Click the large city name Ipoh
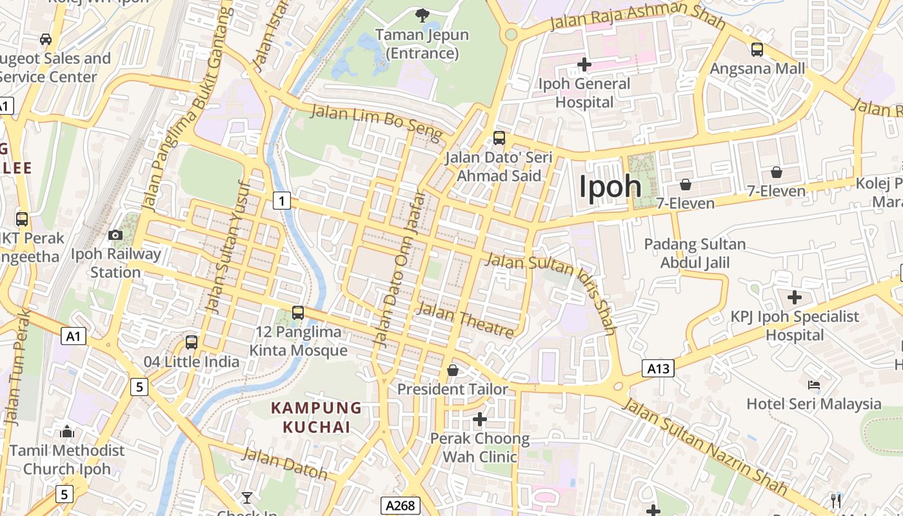pos(610,186)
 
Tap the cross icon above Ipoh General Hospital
pos(584,64)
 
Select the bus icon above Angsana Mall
pos(757,49)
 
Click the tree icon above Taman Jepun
pos(422,15)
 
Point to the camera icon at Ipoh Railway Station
pos(115,235)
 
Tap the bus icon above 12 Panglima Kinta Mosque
pos(298,313)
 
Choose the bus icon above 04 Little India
pos(192,342)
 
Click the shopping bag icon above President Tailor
pos(453,370)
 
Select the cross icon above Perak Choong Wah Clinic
pos(479,419)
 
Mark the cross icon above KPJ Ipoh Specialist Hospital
pos(795,297)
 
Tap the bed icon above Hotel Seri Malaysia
pos(814,385)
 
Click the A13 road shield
pos(658,368)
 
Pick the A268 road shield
pos(400,506)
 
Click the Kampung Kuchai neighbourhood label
pos(316,417)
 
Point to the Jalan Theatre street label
pos(466,320)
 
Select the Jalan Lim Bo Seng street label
pos(377,123)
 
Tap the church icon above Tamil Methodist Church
pos(67,432)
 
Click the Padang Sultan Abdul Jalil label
pos(695,253)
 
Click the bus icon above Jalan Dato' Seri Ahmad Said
pos(499,137)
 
